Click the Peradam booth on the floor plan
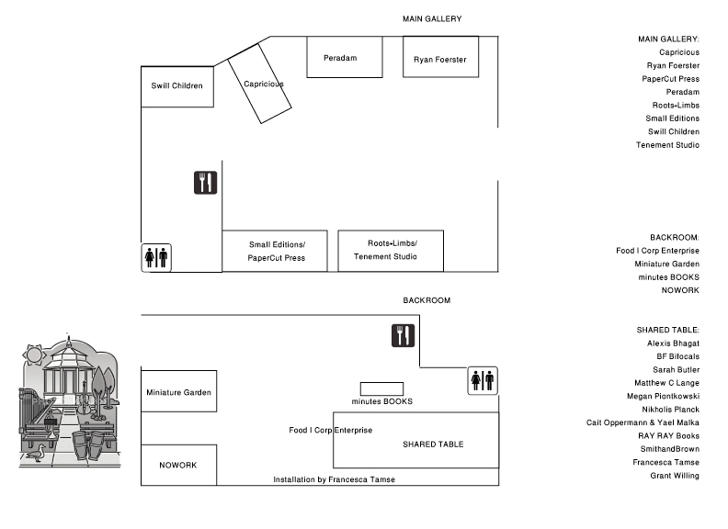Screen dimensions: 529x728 coord(344,58)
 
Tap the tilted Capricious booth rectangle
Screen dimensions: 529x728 coord(260,84)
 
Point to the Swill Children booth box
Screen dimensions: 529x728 coord(177,86)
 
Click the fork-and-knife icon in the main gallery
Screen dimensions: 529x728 coord(205,183)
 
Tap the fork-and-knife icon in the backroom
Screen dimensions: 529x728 coord(403,335)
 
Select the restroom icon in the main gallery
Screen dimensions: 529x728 coord(156,258)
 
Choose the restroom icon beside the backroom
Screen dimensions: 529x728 coord(483,379)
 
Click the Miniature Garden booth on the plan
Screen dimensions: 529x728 coord(178,392)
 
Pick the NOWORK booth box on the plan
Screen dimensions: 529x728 coord(178,465)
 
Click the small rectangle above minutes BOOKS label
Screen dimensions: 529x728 coord(381,388)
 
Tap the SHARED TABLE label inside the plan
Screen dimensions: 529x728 coord(433,445)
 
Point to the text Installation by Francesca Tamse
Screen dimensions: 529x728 coord(334,479)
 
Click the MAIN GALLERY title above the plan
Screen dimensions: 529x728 coord(431,19)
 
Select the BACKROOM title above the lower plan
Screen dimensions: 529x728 coord(427,300)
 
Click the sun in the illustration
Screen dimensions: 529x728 coord(36,354)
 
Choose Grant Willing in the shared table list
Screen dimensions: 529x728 coord(674,475)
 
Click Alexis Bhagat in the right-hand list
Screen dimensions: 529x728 coord(673,343)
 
